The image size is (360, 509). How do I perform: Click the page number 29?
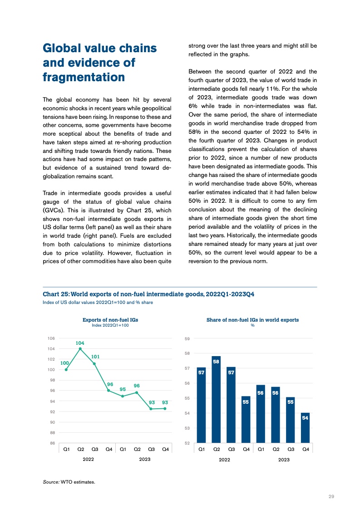(331, 496)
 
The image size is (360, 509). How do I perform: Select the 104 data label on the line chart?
(80, 343)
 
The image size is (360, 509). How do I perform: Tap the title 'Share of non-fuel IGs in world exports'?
(252, 320)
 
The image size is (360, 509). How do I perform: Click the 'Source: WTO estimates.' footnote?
(69, 482)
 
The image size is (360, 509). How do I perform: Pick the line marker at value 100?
(66, 369)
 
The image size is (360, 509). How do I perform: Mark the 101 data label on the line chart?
(95, 357)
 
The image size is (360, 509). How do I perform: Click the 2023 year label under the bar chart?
(284, 460)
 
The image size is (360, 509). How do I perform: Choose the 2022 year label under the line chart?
(88, 460)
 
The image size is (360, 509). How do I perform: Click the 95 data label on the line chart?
(123, 389)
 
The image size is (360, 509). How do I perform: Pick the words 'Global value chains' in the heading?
(99, 48)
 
